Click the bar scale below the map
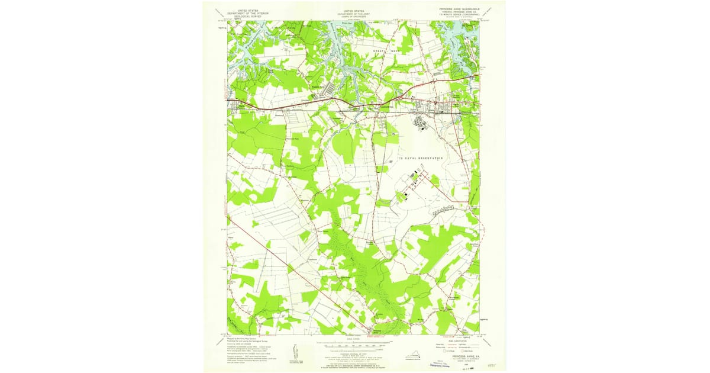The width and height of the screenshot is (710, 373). pos(355,343)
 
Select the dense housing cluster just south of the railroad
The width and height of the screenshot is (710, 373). pos(421,122)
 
